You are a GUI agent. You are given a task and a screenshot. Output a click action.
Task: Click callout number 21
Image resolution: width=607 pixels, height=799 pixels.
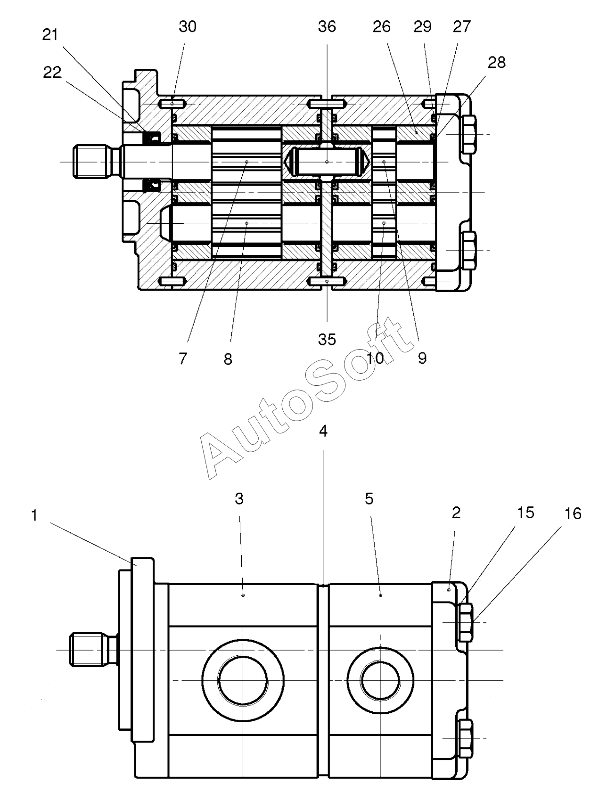click(50, 35)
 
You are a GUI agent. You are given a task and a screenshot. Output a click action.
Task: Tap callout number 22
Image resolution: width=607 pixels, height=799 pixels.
click(52, 72)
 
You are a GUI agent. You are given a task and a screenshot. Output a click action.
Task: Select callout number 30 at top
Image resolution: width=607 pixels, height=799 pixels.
click(188, 27)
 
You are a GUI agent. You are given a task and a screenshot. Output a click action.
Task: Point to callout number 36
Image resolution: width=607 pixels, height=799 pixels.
click(327, 27)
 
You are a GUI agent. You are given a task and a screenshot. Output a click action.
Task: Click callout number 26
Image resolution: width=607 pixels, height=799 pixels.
click(381, 27)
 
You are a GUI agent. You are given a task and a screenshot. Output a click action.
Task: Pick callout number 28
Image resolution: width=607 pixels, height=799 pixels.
click(497, 62)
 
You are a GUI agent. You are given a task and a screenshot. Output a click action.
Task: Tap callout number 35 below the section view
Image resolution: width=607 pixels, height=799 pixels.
click(327, 339)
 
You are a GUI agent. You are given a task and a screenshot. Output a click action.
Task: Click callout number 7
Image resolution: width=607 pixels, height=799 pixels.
click(183, 359)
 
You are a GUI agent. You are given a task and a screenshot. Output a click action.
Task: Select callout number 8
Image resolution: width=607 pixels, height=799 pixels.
click(228, 359)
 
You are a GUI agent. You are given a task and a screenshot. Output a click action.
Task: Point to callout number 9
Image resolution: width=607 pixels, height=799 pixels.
click(422, 359)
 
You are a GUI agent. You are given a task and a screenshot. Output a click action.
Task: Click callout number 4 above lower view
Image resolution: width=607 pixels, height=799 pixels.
click(323, 431)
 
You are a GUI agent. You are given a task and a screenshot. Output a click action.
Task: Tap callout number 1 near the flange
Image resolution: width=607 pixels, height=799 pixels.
click(34, 515)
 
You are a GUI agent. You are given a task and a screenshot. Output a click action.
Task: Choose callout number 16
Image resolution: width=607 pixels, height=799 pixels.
click(573, 514)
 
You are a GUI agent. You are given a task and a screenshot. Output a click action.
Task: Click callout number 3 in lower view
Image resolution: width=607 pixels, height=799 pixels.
click(239, 498)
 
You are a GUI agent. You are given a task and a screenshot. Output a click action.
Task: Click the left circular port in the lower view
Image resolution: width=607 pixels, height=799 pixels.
click(243, 680)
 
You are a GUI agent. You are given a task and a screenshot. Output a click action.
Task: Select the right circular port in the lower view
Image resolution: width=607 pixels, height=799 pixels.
click(380, 680)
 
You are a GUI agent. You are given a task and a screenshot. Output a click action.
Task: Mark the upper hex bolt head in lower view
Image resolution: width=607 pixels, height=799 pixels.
click(465, 623)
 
